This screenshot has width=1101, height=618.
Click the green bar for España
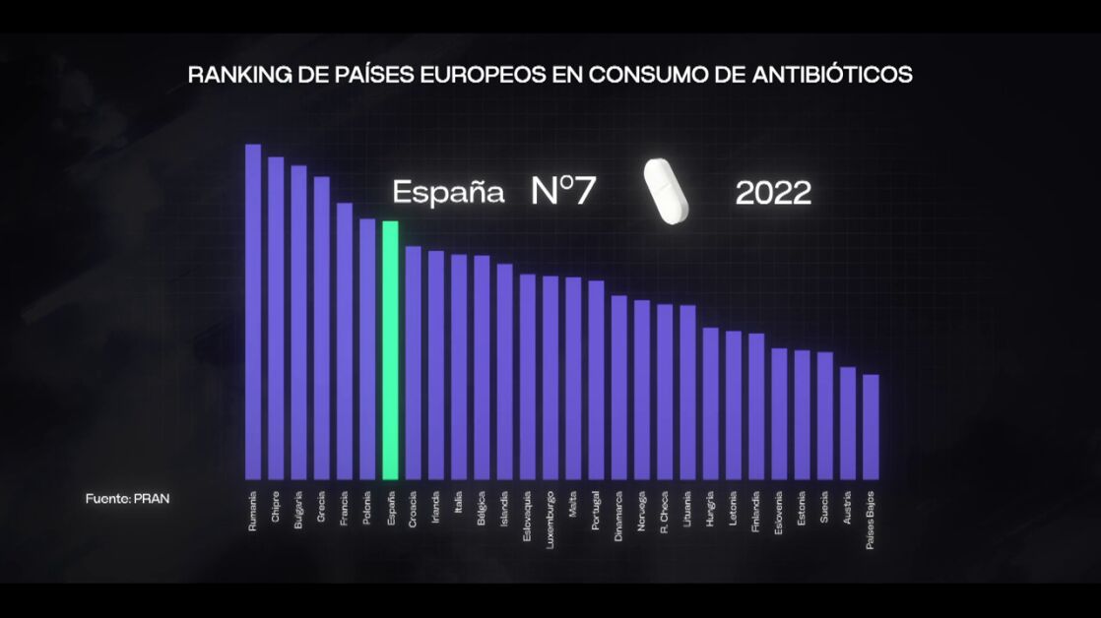coord(390,349)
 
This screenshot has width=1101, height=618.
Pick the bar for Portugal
coord(596,380)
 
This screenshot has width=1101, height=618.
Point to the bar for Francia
coord(345,340)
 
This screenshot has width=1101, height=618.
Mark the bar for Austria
coord(847,423)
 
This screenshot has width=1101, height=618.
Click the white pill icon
coord(666,191)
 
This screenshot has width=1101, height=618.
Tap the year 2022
coord(773,193)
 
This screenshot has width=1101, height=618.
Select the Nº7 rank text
coord(563,191)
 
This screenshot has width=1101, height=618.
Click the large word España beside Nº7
coord(448,192)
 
